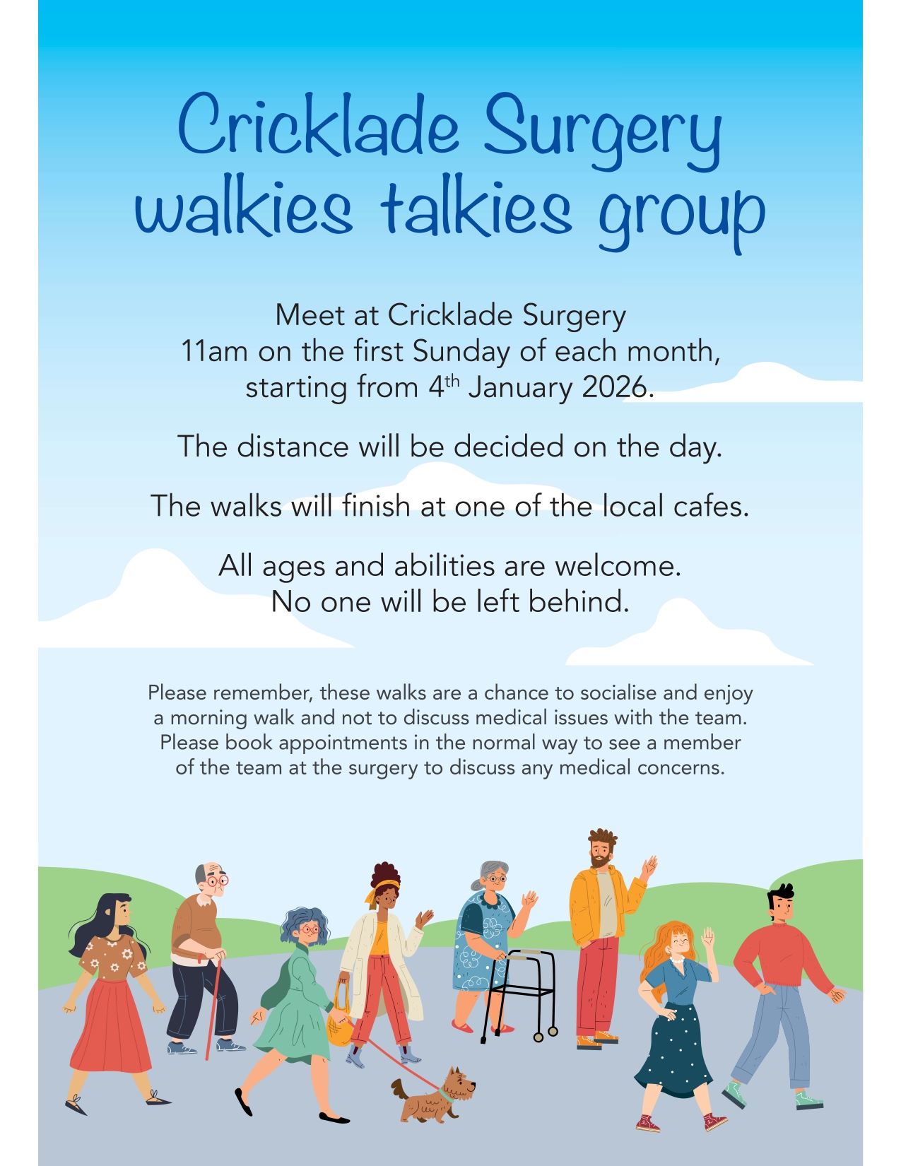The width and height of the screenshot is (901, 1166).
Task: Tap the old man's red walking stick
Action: [213, 1009]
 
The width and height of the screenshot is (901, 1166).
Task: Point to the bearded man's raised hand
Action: [650, 866]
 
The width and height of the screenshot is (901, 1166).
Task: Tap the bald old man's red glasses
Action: [218, 881]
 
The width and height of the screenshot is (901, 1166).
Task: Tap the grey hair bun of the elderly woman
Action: [476, 885]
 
